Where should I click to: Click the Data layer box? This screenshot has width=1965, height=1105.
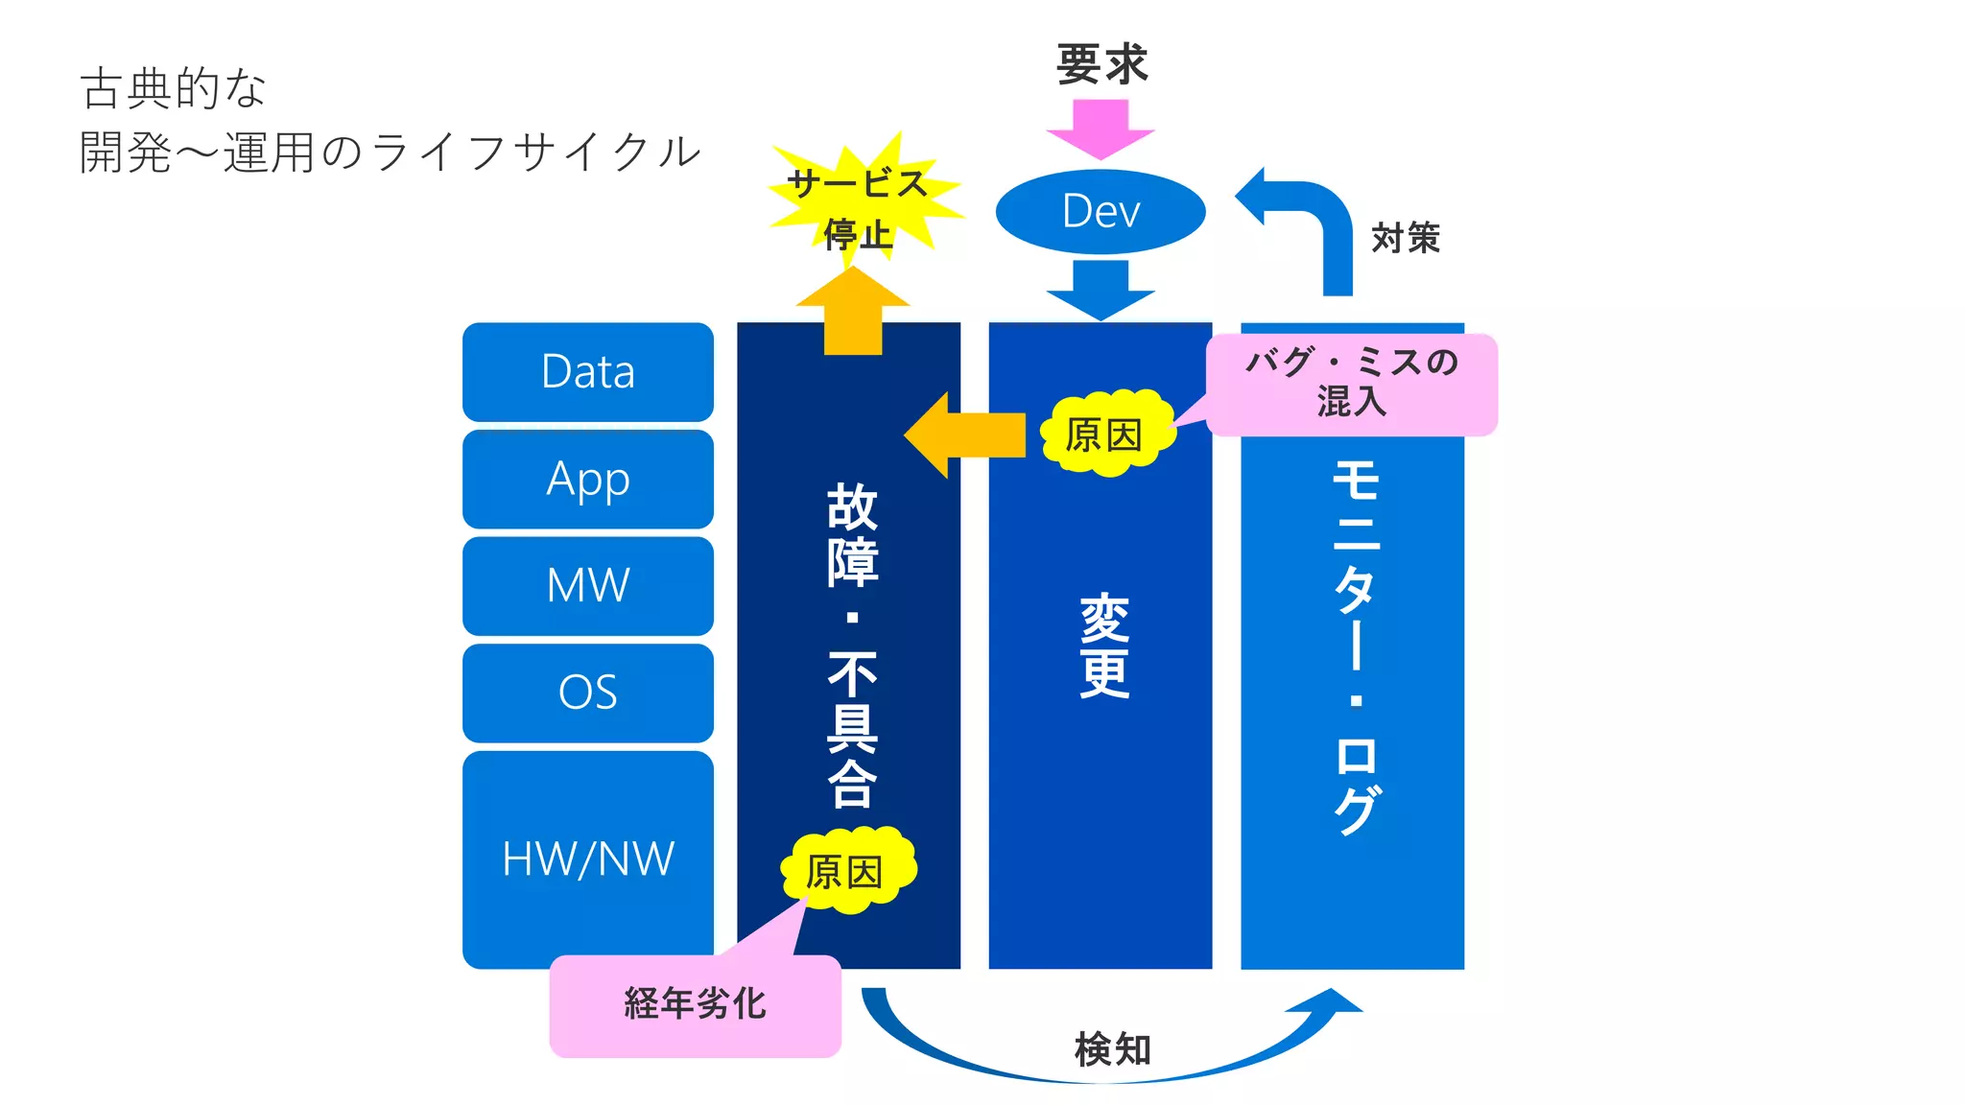click(587, 372)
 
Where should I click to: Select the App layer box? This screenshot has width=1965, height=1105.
click(587, 479)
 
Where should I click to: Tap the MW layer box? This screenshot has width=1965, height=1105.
click(587, 585)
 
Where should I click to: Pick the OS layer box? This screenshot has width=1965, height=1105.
click(587, 693)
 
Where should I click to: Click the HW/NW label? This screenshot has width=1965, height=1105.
click(587, 858)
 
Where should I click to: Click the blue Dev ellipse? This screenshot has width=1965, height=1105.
click(1101, 212)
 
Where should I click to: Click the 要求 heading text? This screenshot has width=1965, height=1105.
click(1101, 65)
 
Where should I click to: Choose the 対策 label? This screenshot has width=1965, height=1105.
click(1406, 238)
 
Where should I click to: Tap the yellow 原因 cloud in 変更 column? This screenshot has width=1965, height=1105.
click(1107, 435)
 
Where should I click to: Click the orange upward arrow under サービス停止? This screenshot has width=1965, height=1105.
click(853, 312)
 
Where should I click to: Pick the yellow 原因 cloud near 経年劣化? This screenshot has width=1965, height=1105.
click(846, 871)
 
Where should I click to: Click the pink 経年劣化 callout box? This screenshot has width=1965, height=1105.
click(695, 1005)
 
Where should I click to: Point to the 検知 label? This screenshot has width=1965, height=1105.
click(1112, 1049)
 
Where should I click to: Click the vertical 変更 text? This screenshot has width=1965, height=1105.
click(1103, 646)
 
